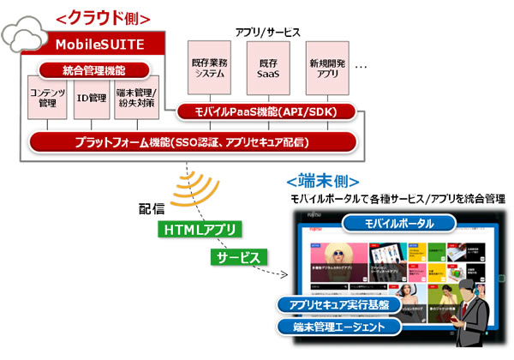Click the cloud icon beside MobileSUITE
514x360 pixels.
(x=24, y=39)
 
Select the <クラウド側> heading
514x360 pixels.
(x=103, y=16)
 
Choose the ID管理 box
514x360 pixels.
(x=92, y=99)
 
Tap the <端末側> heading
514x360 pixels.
(x=321, y=182)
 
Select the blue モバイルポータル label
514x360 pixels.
(x=399, y=223)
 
